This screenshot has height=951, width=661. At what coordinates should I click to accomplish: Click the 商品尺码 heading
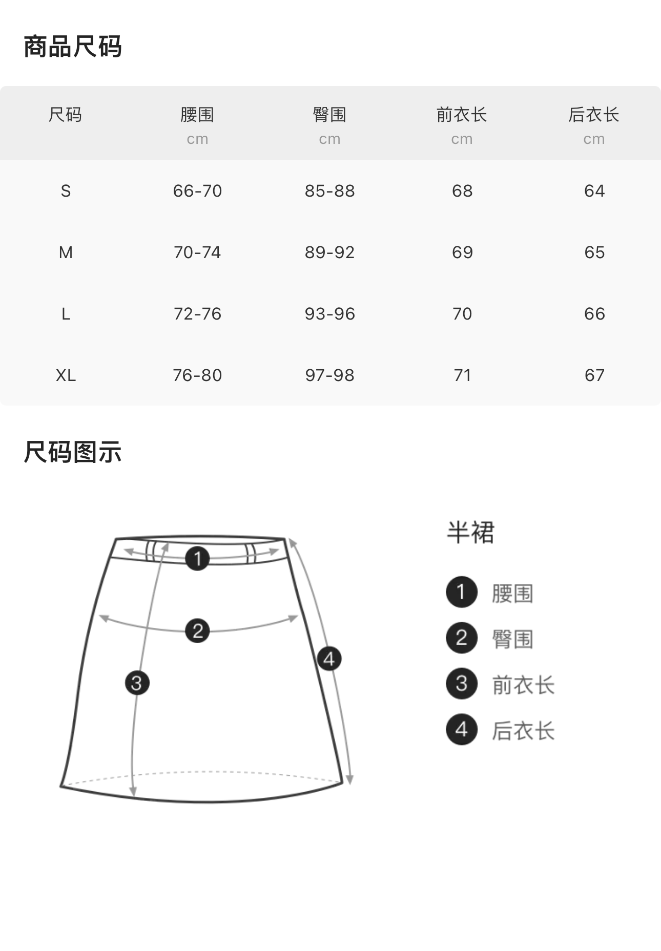coord(73,47)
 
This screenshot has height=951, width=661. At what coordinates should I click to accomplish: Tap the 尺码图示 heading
coord(73,452)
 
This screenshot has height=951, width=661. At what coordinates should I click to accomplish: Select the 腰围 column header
coord(197,115)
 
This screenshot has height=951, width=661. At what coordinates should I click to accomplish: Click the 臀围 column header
coord(329,115)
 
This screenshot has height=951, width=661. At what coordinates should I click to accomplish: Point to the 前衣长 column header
coord(462,115)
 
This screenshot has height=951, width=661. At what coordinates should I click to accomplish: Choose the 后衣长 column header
coord(594,115)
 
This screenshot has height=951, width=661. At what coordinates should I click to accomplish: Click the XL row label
coord(66,375)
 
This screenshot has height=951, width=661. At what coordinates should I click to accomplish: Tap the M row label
coord(66,252)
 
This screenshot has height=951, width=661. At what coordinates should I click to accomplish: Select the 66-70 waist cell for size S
coord(197,191)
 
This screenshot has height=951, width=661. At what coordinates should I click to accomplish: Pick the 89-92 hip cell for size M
coord(329,252)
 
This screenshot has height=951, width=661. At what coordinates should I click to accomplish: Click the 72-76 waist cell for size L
coord(197,314)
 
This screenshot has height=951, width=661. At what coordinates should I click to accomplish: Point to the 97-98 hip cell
coord(329,375)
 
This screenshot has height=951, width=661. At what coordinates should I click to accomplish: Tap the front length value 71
coord(462,375)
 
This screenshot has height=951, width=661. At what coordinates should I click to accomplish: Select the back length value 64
coord(594,191)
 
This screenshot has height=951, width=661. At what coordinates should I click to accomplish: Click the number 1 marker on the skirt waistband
coord(197,558)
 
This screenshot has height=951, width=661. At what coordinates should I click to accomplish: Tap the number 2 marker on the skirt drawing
coord(197,630)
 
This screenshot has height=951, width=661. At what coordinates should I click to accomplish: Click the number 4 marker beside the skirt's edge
coord(329,659)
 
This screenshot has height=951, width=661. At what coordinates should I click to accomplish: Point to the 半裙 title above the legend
coord(470,533)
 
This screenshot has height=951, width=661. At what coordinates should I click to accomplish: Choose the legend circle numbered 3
coord(462,684)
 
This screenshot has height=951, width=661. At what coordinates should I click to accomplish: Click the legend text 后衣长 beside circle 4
coord(523,731)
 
